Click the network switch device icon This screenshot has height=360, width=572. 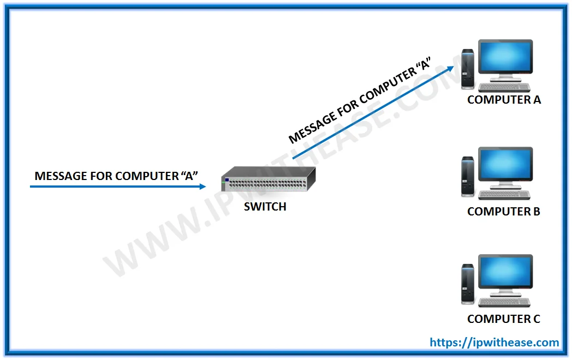(269, 179)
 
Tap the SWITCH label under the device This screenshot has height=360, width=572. (265, 207)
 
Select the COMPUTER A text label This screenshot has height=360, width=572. (504, 100)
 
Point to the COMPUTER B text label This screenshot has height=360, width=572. (504, 212)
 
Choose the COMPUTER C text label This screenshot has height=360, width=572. (504, 319)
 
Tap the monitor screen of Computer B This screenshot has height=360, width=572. (505, 165)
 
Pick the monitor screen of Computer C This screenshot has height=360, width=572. (505, 273)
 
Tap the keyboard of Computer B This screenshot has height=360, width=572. (504, 195)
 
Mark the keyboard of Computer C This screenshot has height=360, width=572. (504, 302)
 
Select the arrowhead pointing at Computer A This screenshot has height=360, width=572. (450, 68)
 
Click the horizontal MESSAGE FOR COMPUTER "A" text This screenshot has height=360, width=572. (116, 176)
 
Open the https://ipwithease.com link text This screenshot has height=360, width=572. (494, 343)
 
